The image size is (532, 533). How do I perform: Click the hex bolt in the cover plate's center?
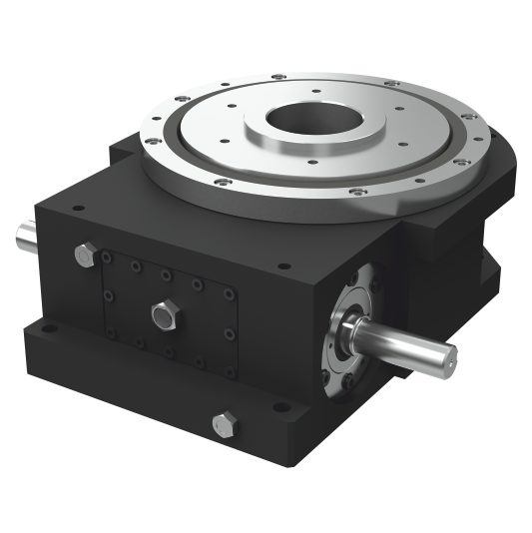tap(163, 316)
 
